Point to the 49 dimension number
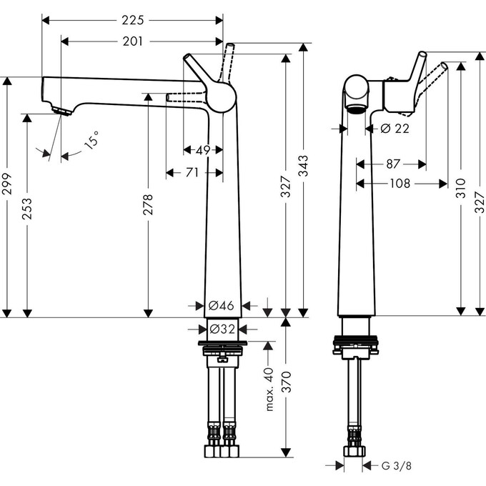(202, 149)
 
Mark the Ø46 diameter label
(222, 305)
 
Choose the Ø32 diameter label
(222, 329)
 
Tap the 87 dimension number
(392, 164)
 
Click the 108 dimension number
(401, 184)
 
